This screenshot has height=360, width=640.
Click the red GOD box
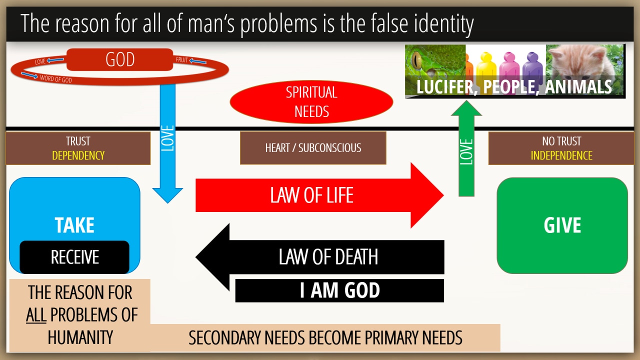click(x=119, y=59)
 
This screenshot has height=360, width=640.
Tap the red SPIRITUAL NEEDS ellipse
click(x=311, y=101)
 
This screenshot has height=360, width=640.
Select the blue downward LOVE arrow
click(x=167, y=143)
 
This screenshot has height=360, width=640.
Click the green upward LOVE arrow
click(x=466, y=148)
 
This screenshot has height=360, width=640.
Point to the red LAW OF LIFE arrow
click(x=319, y=195)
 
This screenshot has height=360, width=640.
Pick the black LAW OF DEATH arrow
click(x=319, y=257)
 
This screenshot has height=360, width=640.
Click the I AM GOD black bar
click(x=339, y=290)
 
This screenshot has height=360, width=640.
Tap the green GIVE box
click(x=562, y=225)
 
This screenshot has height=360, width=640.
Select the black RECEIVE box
click(x=74, y=257)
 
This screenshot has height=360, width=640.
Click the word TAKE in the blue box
click(x=74, y=225)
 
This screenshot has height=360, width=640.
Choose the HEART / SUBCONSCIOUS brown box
click(x=313, y=148)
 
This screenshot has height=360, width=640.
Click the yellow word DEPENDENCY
click(x=78, y=155)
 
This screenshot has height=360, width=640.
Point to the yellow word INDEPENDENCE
click(x=561, y=155)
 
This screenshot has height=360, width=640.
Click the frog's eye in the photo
click(x=417, y=59)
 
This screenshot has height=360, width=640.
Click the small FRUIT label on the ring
click(x=181, y=59)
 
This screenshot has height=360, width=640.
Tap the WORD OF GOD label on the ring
click(x=55, y=79)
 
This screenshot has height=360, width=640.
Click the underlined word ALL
click(x=36, y=315)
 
